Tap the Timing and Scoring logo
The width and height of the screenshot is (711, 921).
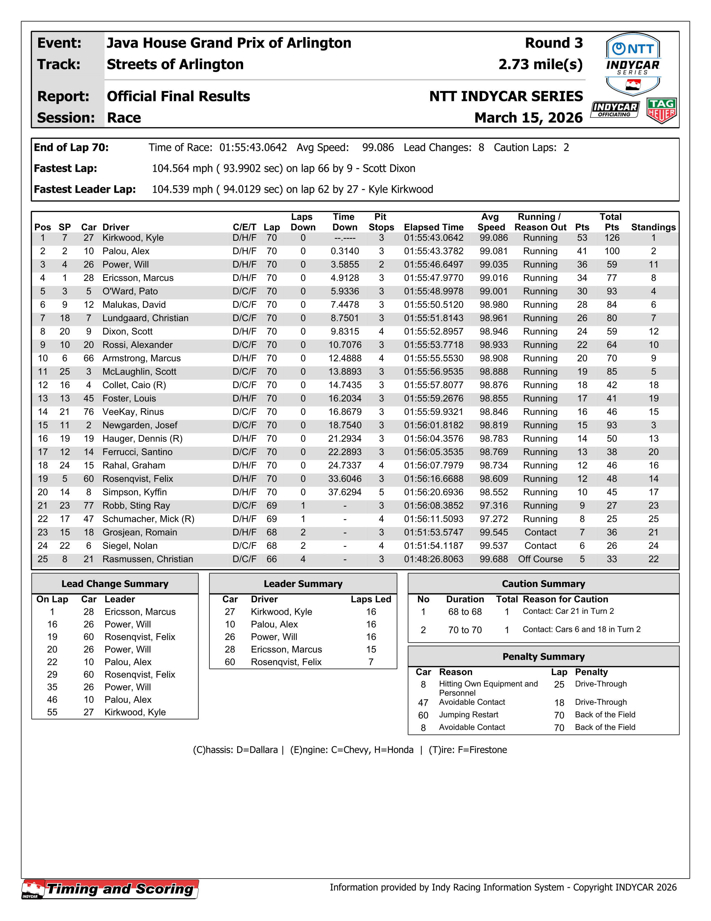[x=110, y=889]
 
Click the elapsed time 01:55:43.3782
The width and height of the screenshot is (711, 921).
[x=433, y=251]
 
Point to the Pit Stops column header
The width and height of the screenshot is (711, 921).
[x=381, y=222]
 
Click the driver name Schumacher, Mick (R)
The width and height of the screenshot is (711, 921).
[x=148, y=519]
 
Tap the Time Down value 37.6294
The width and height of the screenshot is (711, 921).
[x=344, y=492]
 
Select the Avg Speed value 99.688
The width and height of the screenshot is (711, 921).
[x=493, y=559]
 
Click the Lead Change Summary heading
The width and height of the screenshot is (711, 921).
[x=115, y=584]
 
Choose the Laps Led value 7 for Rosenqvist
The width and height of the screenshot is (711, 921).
[x=371, y=662]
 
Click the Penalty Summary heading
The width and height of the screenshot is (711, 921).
[x=543, y=657]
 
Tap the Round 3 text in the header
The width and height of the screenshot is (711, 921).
[x=553, y=43]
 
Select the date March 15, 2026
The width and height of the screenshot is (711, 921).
[x=528, y=118]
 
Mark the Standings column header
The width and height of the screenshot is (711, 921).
[x=653, y=227]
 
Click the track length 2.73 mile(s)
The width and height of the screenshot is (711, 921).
[x=540, y=64]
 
